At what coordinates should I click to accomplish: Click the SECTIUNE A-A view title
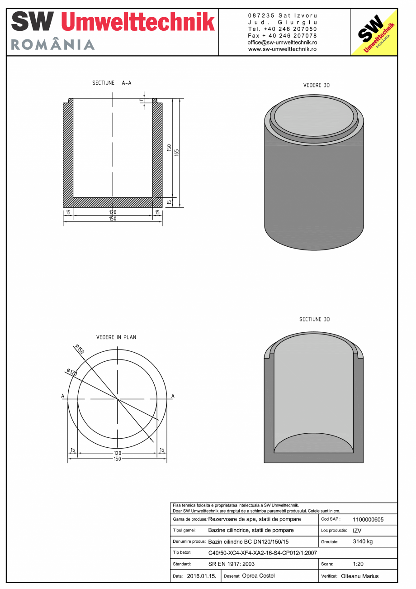click(x=112, y=83)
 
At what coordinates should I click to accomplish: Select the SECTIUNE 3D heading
click(x=314, y=319)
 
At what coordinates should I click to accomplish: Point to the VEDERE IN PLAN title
click(x=116, y=337)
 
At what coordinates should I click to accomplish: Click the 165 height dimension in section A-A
click(x=177, y=153)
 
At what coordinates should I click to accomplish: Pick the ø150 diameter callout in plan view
click(x=79, y=349)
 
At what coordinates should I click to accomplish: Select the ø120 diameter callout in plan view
click(x=71, y=372)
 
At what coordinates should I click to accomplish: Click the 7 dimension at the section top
click(x=141, y=101)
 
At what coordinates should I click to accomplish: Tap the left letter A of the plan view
click(x=63, y=396)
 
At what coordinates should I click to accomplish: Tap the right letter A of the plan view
click(x=173, y=396)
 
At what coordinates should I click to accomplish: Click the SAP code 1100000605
click(x=368, y=520)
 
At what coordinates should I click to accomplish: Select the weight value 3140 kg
click(x=363, y=541)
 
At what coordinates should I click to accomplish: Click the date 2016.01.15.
click(x=201, y=576)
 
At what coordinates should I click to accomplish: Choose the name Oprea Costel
click(x=258, y=576)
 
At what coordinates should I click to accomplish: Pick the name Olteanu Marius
click(x=359, y=576)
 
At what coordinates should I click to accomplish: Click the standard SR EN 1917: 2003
click(x=232, y=564)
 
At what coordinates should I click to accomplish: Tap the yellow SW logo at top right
click(x=374, y=33)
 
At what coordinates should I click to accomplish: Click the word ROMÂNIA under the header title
click(x=52, y=45)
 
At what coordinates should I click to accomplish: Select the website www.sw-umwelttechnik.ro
click(x=282, y=49)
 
